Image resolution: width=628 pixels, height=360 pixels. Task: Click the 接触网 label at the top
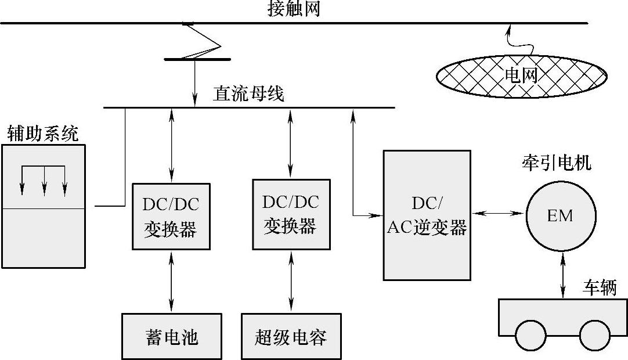294,9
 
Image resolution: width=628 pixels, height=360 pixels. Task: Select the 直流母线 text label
248,93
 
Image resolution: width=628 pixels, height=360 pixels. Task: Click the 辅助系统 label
42,134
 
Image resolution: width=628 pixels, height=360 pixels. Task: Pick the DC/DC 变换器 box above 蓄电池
171,217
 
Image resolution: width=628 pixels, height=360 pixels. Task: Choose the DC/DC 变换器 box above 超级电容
291,214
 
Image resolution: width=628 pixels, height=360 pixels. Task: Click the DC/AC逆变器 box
427,215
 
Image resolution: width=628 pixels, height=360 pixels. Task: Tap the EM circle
560,216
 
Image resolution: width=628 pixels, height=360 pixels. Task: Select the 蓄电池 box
172,336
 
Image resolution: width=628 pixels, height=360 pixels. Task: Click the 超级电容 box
291,336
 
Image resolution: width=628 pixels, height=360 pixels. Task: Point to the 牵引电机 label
556,163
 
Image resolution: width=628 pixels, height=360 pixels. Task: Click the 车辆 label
600,288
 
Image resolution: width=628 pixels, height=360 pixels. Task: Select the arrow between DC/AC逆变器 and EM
498,214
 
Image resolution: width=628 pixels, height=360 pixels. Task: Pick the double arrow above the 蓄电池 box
171,281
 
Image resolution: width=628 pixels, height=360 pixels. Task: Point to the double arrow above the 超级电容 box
291,281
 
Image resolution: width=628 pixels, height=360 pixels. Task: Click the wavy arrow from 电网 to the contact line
508,41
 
